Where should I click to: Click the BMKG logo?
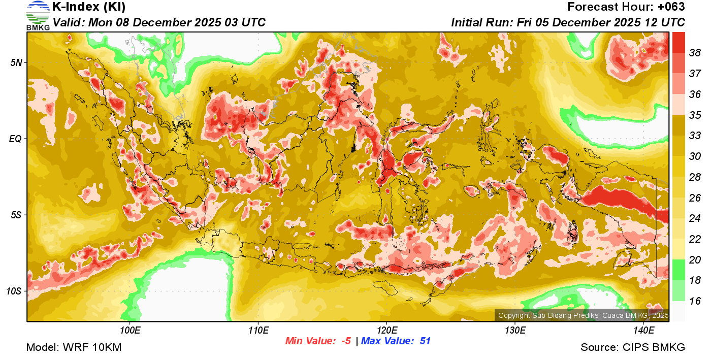click(x=38, y=15)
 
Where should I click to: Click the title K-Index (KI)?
click(x=89, y=7)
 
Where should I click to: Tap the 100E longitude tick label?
click(x=131, y=331)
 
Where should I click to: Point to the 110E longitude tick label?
click(x=258, y=331)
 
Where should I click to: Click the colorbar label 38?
click(x=695, y=53)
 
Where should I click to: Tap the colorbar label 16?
click(x=695, y=301)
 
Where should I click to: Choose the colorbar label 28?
click(x=695, y=177)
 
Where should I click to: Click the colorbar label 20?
click(x=695, y=260)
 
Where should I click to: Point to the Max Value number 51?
click(x=425, y=341)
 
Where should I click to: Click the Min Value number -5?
click(x=345, y=341)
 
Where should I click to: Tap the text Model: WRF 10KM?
click(x=74, y=347)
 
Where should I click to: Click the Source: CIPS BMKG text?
click(x=633, y=347)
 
